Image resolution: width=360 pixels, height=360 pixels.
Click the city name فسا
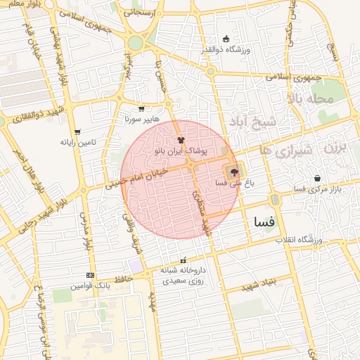[264, 222]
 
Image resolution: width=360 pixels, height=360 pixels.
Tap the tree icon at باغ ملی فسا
[233, 171]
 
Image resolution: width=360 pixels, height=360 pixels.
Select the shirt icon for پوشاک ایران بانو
[181, 140]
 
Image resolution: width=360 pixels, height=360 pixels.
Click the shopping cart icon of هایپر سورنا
[141, 109]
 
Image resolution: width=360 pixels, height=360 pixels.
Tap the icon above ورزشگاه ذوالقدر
[226, 39]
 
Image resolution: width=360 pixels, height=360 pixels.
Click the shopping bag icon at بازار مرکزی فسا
[319, 179]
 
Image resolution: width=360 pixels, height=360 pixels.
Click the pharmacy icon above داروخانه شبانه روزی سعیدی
[184, 260]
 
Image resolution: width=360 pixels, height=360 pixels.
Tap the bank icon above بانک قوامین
[90, 275]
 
